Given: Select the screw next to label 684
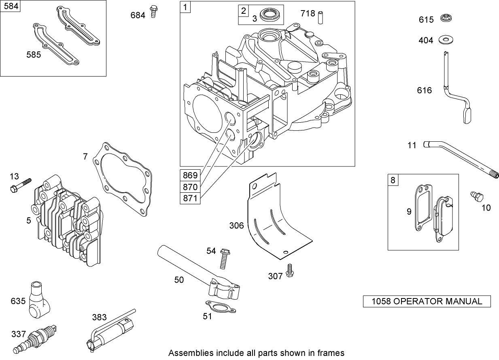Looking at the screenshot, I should [153, 11].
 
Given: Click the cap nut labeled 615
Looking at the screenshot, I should [447, 19].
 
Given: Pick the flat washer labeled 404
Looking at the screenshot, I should [447, 40].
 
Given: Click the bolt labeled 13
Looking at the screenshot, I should [20, 185].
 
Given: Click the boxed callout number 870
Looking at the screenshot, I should [190, 187].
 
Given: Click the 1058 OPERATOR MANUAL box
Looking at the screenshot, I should [427, 301].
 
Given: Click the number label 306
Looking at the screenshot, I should [236, 226].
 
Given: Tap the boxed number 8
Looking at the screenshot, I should [393, 179].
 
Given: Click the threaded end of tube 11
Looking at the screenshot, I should [495, 175].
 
